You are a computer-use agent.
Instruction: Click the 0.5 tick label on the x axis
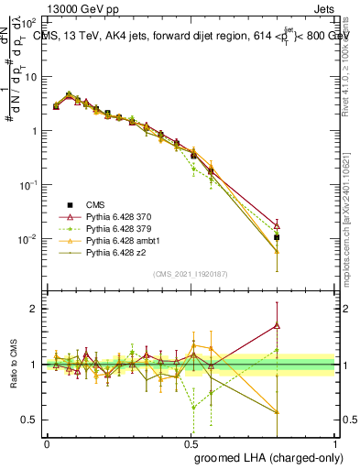191,442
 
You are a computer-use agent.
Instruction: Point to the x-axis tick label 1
335,442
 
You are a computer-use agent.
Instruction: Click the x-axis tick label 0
47,442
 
